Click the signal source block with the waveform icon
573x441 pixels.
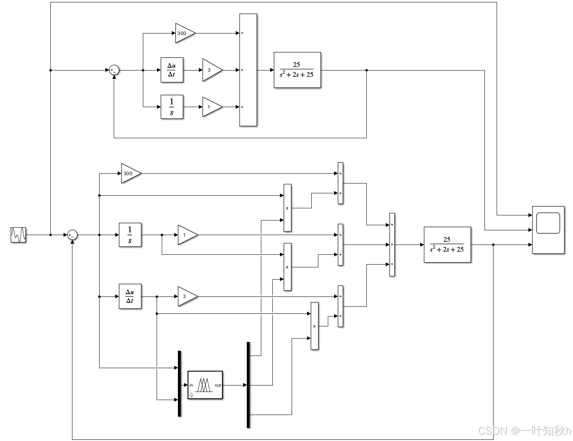coord(18,235)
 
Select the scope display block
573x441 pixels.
coord(548,230)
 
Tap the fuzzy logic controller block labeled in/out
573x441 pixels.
coord(205,385)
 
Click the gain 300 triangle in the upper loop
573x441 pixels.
coord(184,33)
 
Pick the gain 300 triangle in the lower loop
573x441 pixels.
coord(130,173)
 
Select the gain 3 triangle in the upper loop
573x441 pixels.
coord(211,70)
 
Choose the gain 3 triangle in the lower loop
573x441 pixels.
coord(187,296)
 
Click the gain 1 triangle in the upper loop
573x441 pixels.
coord(211,107)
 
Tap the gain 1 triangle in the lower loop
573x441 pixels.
coord(187,235)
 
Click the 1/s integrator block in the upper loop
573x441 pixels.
coord(172,107)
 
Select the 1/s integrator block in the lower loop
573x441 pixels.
coord(130,235)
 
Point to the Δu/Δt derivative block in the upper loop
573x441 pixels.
coord(172,70)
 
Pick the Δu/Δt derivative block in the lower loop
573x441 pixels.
coord(130,296)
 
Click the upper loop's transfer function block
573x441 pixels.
coord(297,70)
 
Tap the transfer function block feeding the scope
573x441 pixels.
coord(447,245)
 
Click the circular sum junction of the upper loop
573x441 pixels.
coord(114,70)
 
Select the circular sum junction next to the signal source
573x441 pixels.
coord(72,235)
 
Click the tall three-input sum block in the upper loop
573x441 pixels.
coord(248,70)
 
